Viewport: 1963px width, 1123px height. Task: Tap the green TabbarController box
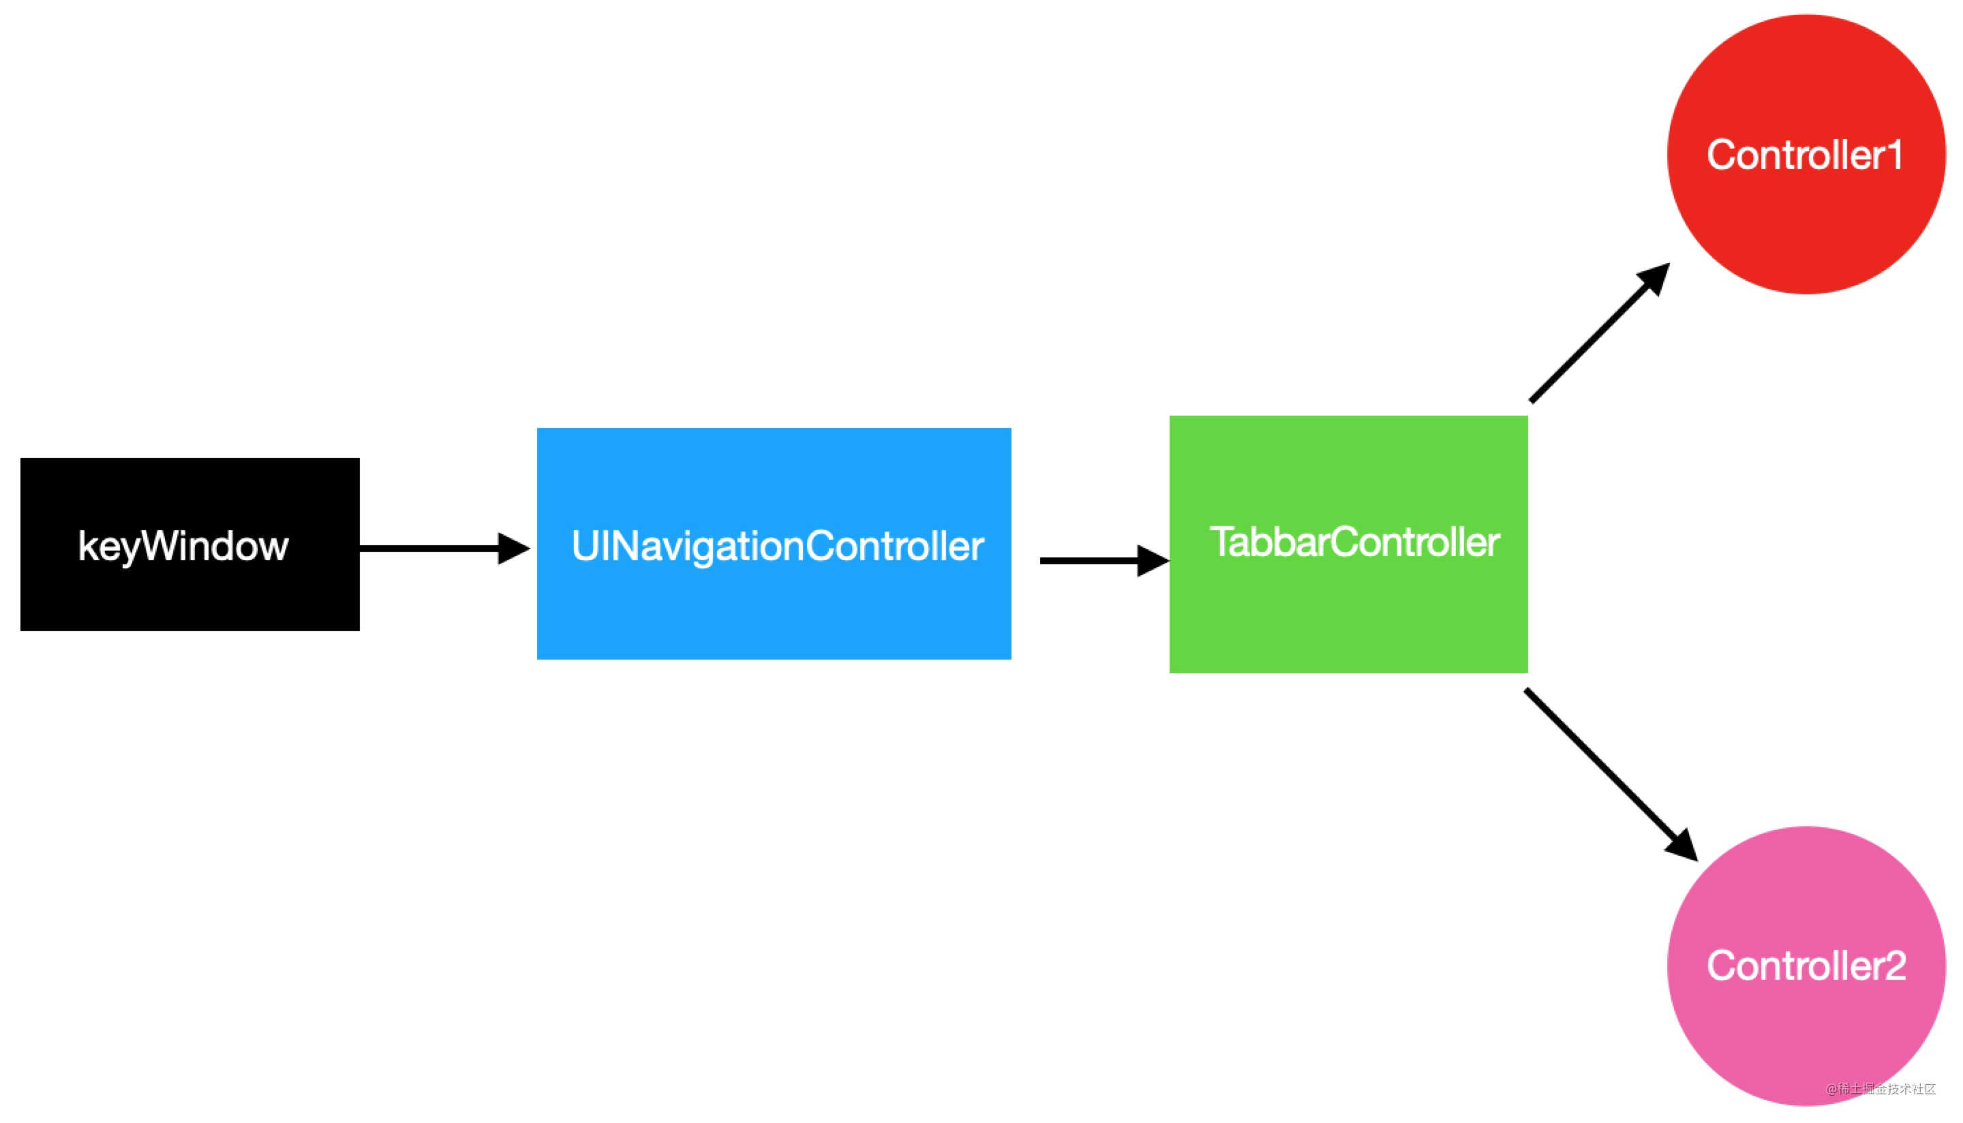(x=1348, y=609)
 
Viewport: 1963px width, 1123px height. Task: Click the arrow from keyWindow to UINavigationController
(x=432, y=549)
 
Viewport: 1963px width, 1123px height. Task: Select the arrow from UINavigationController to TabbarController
(x=1091, y=561)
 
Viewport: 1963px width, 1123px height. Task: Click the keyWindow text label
(x=183, y=546)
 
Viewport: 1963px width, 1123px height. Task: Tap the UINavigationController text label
(x=778, y=546)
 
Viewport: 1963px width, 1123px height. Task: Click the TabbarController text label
(x=1354, y=542)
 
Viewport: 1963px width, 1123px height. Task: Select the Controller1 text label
(x=1805, y=155)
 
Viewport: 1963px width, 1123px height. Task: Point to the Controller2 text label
(x=1806, y=966)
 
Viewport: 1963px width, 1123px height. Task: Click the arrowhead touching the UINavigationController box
(x=512, y=549)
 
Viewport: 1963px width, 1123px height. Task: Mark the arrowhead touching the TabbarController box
(x=1152, y=561)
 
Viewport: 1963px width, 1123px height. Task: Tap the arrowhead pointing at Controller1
(x=1654, y=279)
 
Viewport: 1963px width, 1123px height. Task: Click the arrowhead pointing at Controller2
(x=1683, y=846)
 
